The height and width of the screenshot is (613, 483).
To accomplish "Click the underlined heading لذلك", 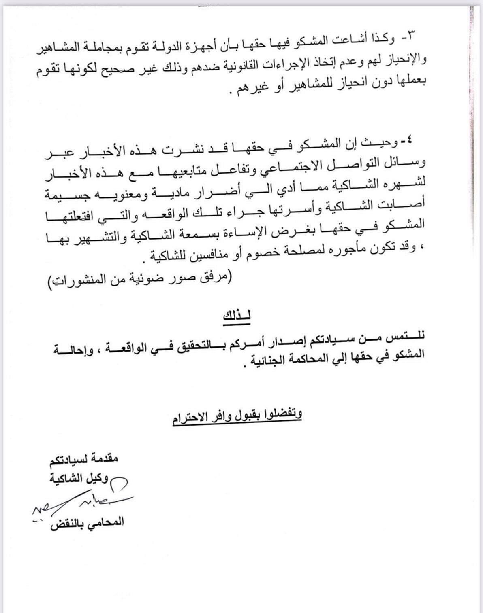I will (x=237, y=317).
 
